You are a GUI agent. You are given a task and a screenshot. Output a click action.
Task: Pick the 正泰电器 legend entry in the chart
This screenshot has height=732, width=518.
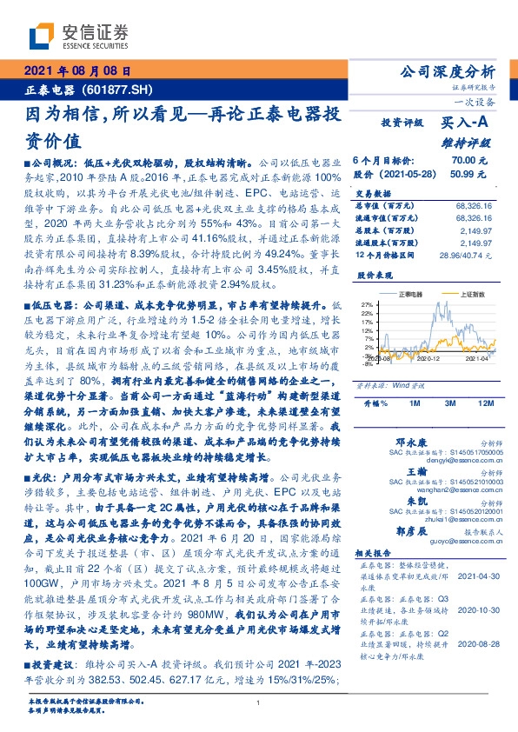pyautogui.click(x=409, y=295)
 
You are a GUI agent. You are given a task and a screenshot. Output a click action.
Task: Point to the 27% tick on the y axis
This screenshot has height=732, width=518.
pyautogui.click(x=366, y=304)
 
